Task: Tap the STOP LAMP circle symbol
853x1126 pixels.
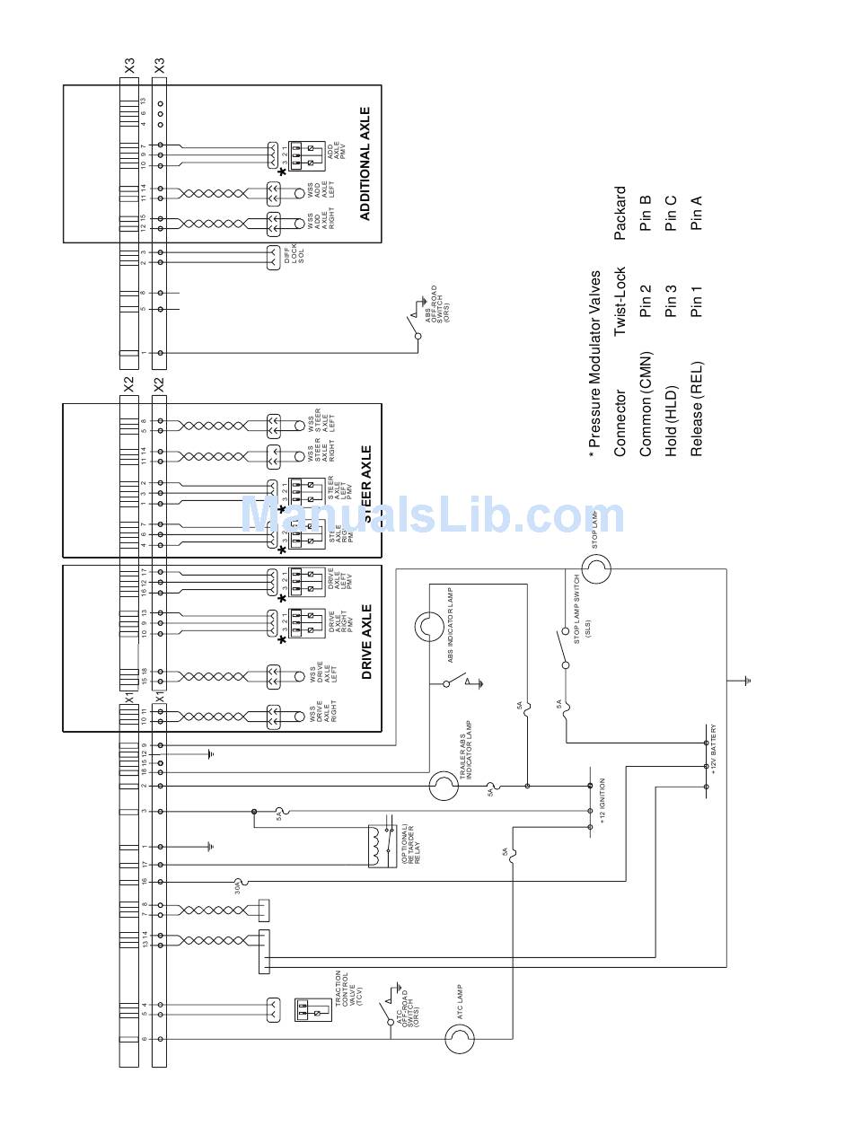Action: point(596,567)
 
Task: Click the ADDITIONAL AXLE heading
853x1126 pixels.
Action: point(365,163)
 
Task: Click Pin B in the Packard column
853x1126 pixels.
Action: point(645,220)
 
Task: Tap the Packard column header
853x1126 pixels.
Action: point(620,214)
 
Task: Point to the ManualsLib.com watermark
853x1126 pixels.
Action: point(432,515)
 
